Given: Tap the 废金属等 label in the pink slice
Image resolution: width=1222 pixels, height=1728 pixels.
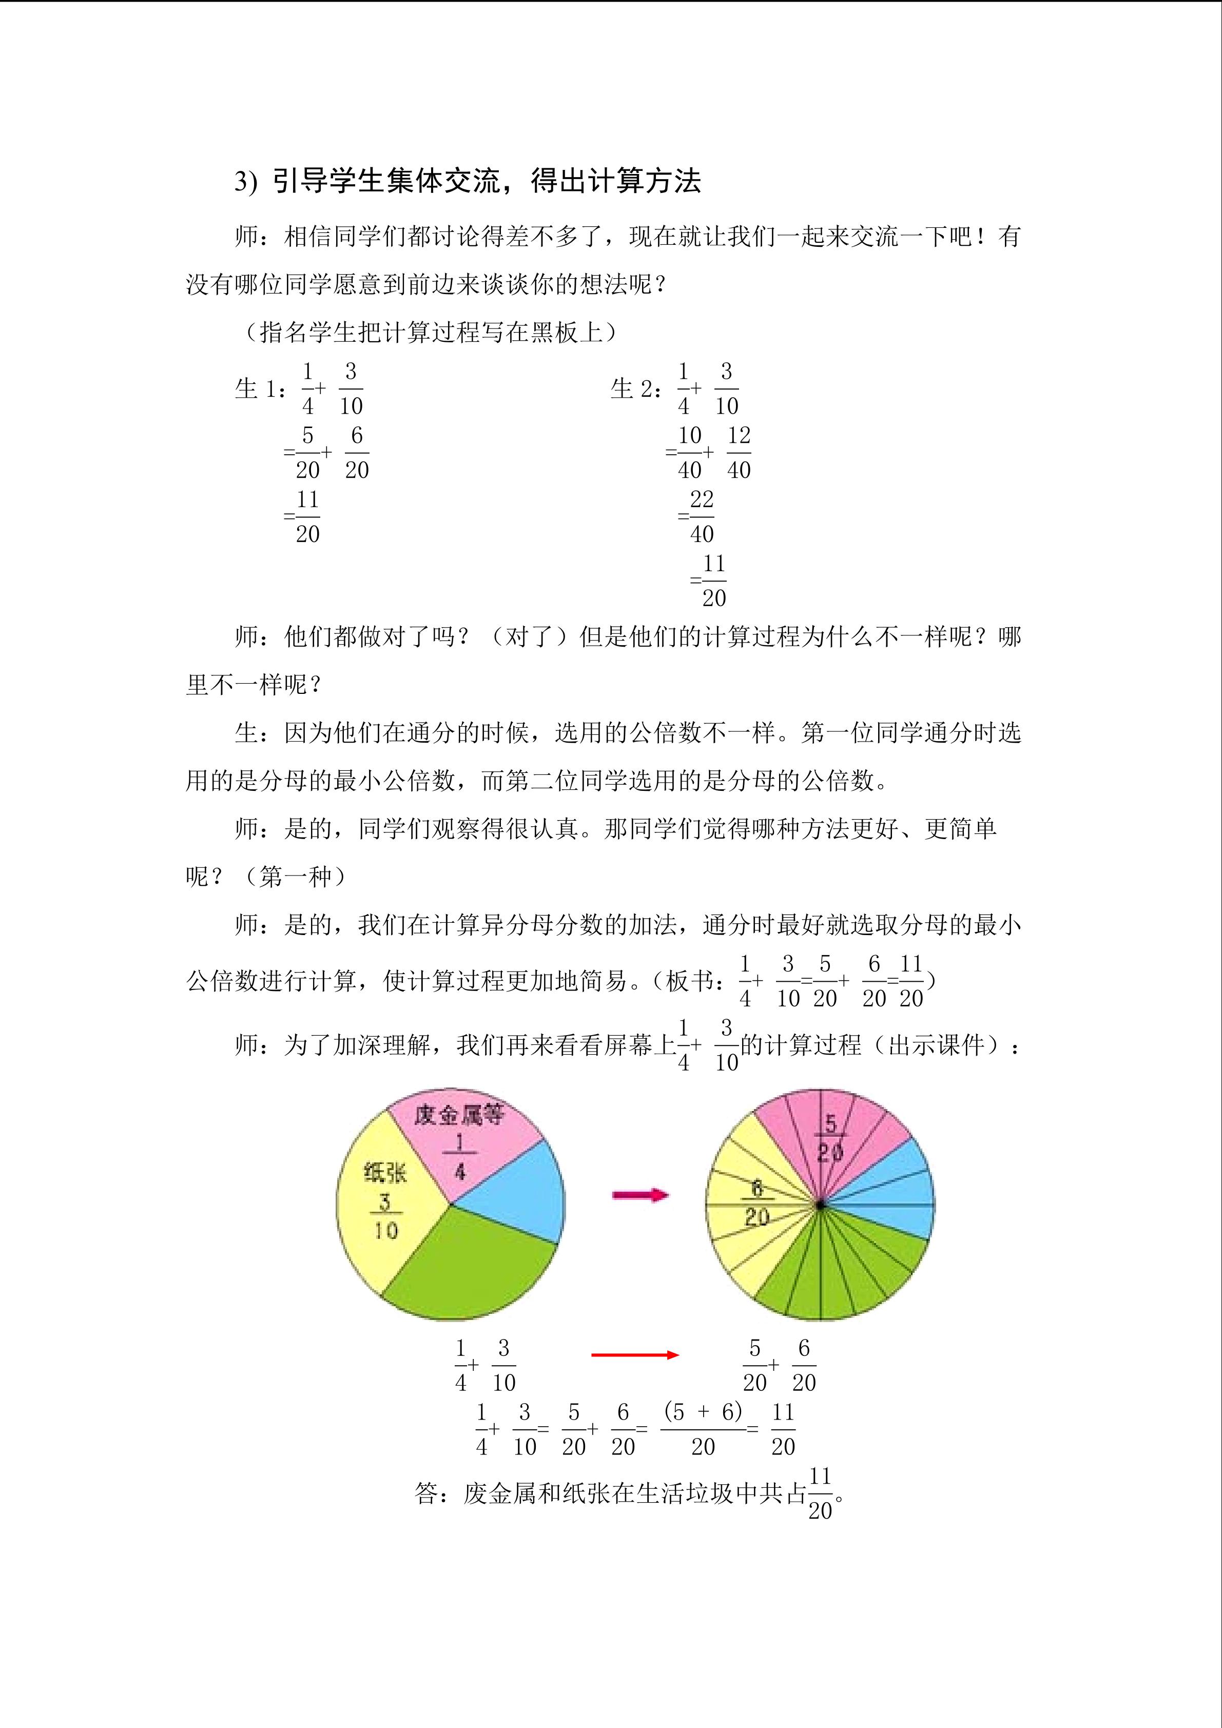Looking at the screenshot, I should (x=458, y=1115).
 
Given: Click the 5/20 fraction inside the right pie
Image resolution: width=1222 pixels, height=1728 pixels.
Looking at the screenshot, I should (x=830, y=1136).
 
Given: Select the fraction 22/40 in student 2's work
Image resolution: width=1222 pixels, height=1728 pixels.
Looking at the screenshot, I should (x=701, y=516).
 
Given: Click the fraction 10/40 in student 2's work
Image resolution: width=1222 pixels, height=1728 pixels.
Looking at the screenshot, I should (x=689, y=452).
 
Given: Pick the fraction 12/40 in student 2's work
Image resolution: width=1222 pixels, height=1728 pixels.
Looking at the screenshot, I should (x=739, y=452).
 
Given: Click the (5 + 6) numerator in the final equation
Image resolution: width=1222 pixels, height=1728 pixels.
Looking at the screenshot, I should (x=703, y=1411).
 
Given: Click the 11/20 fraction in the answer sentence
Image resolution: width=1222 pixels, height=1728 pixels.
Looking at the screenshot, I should (x=820, y=1493).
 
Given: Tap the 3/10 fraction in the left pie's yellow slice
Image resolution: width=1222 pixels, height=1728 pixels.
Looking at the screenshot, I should (x=385, y=1216).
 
